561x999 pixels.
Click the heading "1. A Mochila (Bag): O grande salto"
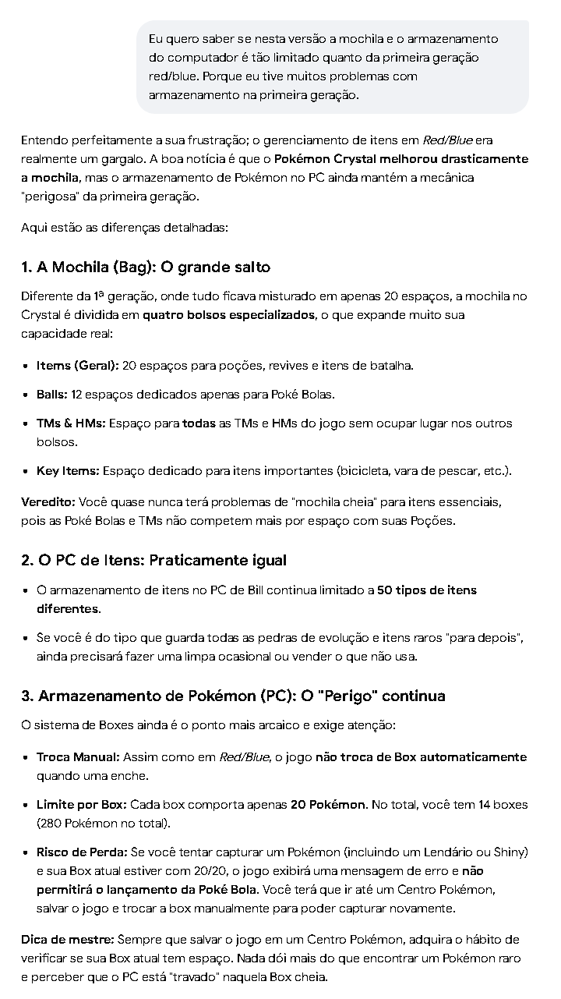(146, 267)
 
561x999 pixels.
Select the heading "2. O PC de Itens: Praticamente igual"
(153, 561)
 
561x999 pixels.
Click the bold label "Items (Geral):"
(77, 365)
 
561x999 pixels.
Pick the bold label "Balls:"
(52, 395)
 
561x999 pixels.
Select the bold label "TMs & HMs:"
(71, 423)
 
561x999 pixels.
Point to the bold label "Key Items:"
(68, 471)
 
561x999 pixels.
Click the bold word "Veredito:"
(48, 501)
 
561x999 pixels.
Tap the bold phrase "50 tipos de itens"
(427, 590)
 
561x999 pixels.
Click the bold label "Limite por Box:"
(81, 804)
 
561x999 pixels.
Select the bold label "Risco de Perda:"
(82, 852)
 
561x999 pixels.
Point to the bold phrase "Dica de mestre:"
(68, 940)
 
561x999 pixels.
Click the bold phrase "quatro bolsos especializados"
(229, 315)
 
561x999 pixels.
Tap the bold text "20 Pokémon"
(327, 804)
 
